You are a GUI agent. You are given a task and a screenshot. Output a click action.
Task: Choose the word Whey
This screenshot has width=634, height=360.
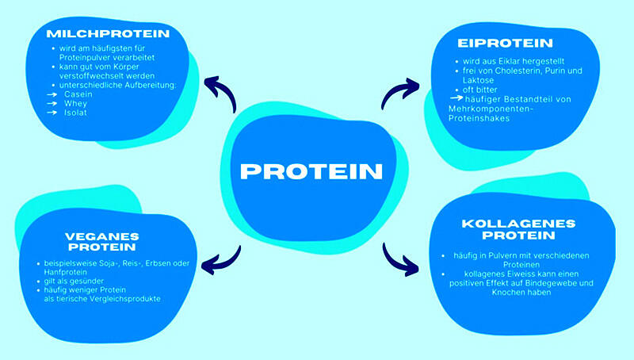pyautogui.click(x=76, y=103)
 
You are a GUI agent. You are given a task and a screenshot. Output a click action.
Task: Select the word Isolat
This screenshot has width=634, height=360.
pyautogui.click(x=77, y=113)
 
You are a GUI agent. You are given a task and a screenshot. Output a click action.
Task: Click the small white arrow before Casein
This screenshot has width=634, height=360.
pyautogui.click(x=52, y=94)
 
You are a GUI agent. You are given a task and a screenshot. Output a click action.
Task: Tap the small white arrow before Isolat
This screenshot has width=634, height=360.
pyautogui.click(x=52, y=113)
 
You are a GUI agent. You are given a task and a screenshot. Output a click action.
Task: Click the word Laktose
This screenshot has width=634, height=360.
pyautogui.click(x=472, y=80)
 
